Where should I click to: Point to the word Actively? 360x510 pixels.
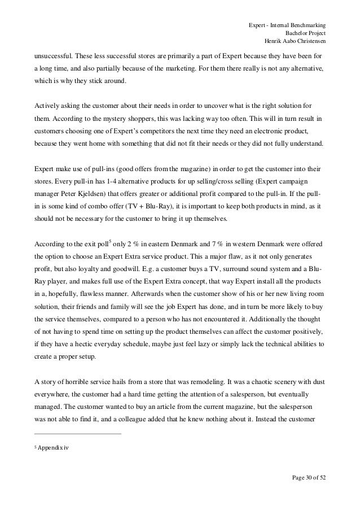coord(48,107)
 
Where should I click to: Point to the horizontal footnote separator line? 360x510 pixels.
coord(78,434)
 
